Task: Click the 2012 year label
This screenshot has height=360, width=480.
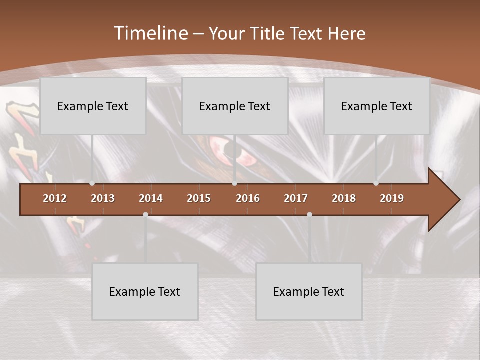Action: point(55,198)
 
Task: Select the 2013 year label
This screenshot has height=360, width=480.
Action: point(103,198)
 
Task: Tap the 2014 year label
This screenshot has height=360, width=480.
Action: point(151,198)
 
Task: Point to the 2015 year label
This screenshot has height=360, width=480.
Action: point(199,198)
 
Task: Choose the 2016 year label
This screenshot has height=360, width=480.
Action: point(248,198)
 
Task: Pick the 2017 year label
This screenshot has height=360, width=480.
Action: point(296,198)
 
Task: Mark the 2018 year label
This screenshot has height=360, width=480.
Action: point(344,198)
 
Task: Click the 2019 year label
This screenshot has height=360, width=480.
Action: point(392,198)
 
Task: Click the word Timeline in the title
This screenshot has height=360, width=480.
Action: point(150,33)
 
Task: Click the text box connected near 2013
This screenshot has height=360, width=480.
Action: point(93,106)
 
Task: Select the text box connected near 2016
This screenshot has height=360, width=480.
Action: point(235,106)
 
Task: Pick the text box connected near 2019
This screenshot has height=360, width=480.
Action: point(377,106)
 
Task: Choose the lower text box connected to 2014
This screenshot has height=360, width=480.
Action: point(145,291)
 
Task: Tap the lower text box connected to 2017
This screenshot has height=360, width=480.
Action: point(309,291)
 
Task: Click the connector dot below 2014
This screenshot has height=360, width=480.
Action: point(145,214)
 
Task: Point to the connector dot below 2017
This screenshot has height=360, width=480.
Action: point(309,214)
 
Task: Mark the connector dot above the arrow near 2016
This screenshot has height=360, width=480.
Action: point(234,183)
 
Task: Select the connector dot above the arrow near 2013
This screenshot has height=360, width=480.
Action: point(92,183)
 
